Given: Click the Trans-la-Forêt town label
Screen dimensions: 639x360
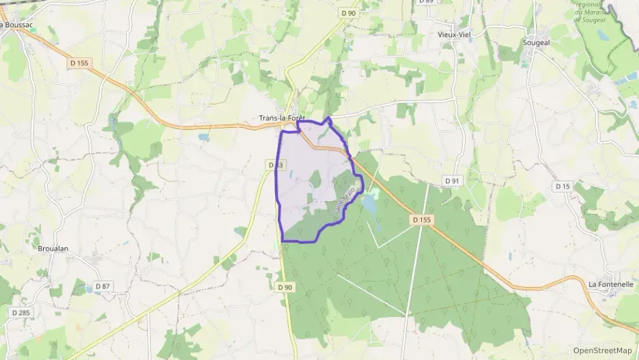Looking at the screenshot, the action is point(282,118).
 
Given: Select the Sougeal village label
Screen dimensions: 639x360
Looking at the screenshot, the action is point(536,42).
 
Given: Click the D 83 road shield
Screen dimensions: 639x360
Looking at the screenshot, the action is point(275,165).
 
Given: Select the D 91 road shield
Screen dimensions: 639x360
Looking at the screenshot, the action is point(451,180).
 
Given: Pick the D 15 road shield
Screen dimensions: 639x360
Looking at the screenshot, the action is point(563,186).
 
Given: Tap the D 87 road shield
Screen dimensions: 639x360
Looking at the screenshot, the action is point(103,286).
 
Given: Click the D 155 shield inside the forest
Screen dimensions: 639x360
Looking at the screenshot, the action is point(422,219).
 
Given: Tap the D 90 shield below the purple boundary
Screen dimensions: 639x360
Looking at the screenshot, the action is point(285,288).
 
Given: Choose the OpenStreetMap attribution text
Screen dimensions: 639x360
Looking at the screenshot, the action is point(602,350).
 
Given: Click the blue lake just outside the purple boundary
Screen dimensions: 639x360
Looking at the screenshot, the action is point(369,202).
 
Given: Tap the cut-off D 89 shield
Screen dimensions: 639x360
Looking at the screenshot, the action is point(426,2).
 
